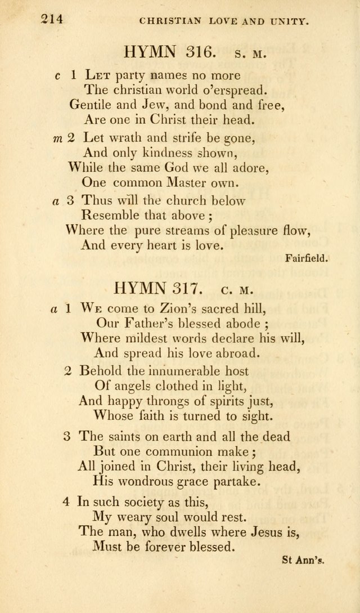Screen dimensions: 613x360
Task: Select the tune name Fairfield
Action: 307,259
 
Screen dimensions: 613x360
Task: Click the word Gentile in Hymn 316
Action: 88,104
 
